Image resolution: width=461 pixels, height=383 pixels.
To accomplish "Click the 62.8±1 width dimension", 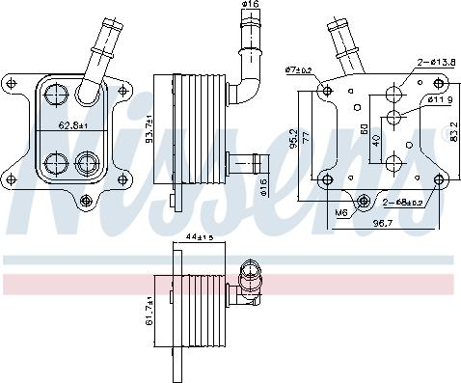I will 75,124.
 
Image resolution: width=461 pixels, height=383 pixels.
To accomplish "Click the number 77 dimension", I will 306,140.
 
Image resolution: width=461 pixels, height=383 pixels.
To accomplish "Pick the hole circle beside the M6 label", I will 365,202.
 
